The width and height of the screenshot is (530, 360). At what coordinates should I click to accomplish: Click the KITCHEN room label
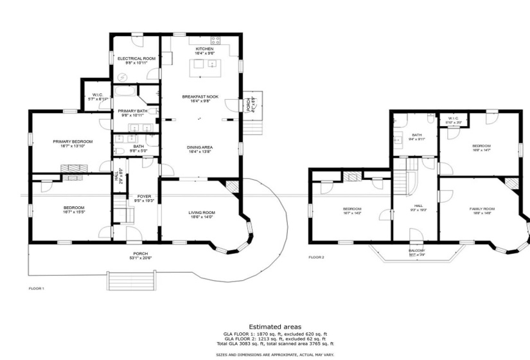204,49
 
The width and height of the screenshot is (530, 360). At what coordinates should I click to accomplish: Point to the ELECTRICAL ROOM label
136,59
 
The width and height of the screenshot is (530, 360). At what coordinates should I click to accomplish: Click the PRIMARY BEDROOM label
73,141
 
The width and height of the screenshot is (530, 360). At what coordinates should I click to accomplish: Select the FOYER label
143,196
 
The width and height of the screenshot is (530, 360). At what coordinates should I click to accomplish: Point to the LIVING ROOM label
201,213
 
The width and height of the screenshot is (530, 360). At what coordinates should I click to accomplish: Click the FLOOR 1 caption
37,289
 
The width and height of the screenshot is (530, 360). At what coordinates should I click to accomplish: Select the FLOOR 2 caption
316,256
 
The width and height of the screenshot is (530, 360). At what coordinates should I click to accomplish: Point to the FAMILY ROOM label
481,209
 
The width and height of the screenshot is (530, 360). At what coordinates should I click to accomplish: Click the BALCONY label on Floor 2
416,250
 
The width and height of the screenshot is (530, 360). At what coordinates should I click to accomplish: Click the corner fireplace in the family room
511,184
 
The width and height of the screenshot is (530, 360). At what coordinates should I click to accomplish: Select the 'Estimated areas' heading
274,327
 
